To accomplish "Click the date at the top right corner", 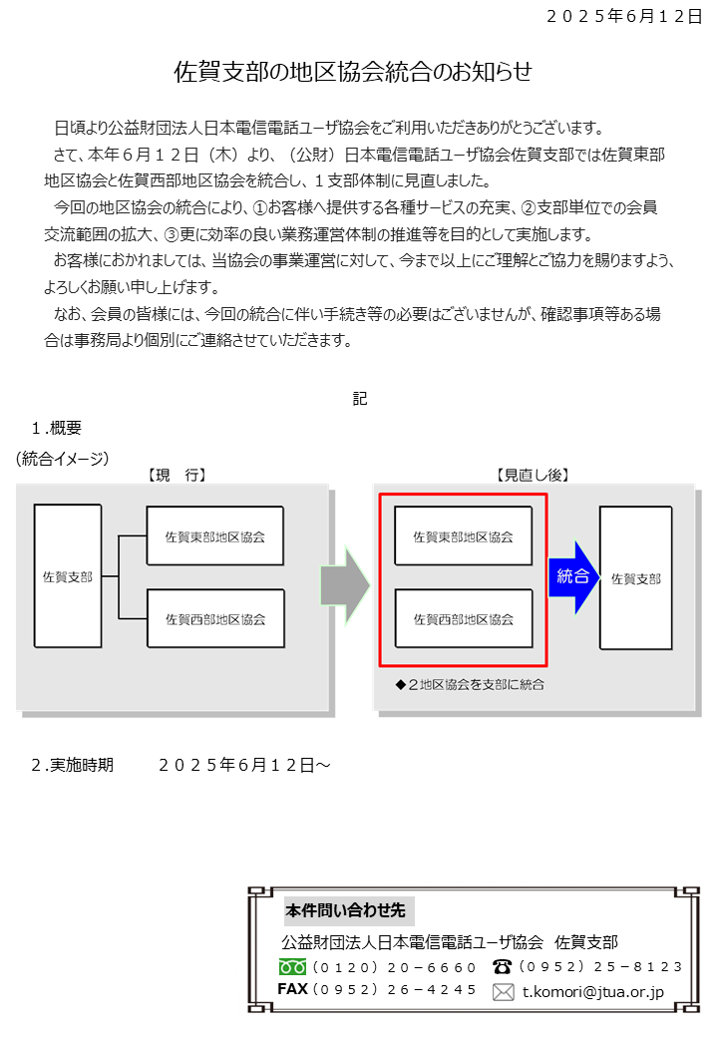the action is pyautogui.click(x=623, y=17).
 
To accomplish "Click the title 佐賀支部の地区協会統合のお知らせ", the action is pyautogui.click(x=352, y=72).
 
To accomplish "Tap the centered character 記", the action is pyautogui.click(x=360, y=398).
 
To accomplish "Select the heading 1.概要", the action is pyautogui.click(x=56, y=428).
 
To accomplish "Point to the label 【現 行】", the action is pyautogui.click(x=177, y=475).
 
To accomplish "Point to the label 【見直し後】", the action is pyautogui.click(x=533, y=475).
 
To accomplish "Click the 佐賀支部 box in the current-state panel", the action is pyautogui.click(x=68, y=576).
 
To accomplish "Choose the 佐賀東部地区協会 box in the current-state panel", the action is pyautogui.click(x=214, y=536).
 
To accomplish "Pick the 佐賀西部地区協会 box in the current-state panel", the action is pyautogui.click(x=215, y=618).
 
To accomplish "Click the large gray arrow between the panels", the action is pyautogui.click(x=345, y=585).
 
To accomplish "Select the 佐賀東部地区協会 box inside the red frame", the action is pyautogui.click(x=463, y=536).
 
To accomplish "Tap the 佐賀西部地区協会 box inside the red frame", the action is pyautogui.click(x=464, y=618).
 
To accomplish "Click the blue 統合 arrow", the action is pyautogui.click(x=573, y=576).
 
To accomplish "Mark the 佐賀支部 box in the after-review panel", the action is pyautogui.click(x=635, y=578).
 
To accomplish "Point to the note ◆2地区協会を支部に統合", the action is pyautogui.click(x=470, y=684).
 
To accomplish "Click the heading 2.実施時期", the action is pyautogui.click(x=73, y=765).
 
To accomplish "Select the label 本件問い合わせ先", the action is pyautogui.click(x=345, y=910).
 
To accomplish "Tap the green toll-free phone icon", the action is pyautogui.click(x=292, y=967).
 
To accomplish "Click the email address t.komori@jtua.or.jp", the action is pyautogui.click(x=593, y=992).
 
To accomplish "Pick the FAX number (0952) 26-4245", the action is pyautogui.click(x=395, y=989).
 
